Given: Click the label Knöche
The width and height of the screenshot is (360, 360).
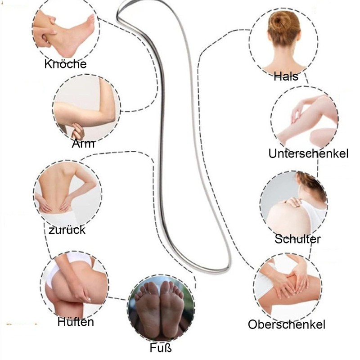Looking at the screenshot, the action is [65, 64].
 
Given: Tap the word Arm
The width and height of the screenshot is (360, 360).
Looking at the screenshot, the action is [83, 144].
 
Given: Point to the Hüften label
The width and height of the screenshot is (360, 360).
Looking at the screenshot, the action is [76, 322].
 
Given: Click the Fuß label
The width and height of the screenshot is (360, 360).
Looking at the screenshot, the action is [161, 348].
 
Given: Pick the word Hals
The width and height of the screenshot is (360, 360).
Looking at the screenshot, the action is [286, 76].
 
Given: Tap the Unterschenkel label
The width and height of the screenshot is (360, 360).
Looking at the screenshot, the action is [308, 154].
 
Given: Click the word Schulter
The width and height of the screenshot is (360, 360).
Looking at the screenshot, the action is [297, 239].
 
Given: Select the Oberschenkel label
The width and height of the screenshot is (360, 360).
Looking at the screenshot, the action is [287, 324].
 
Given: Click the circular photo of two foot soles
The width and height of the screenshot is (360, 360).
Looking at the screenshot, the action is [161, 310].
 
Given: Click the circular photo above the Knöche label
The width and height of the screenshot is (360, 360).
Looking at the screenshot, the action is [65, 31].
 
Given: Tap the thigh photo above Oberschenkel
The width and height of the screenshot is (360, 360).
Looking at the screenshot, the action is [287, 286].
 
